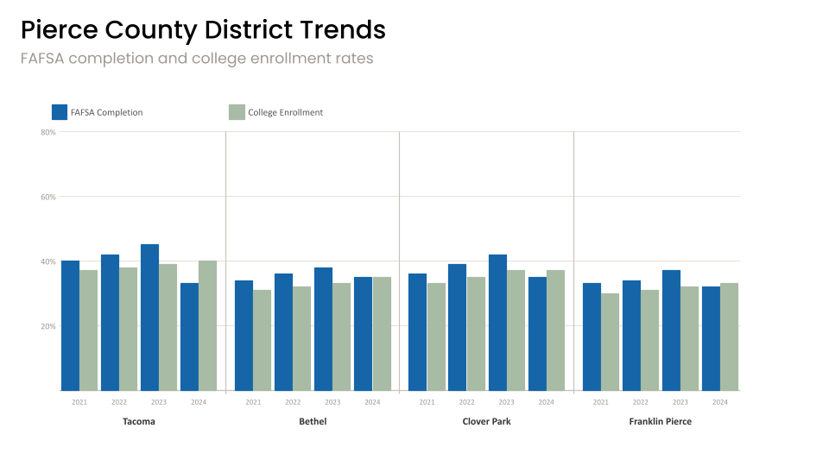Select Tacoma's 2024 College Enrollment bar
(x=207, y=325)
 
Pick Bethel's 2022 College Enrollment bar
(x=301, y=338)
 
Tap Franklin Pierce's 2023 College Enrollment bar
(x=689, y=338)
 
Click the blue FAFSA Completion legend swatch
(x=60, y=112)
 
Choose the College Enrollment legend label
(x=285, y=112)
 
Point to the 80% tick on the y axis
(x=48, y=132)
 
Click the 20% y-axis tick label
(x=48, y=326)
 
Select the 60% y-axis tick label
(x=48, y=197)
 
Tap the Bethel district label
(x=313, y=422)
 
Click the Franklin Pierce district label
(x=661, y=422)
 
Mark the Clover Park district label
(x=486, y=422)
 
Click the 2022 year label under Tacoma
(x=119, y=402)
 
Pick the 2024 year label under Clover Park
(x=547, y=402)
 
